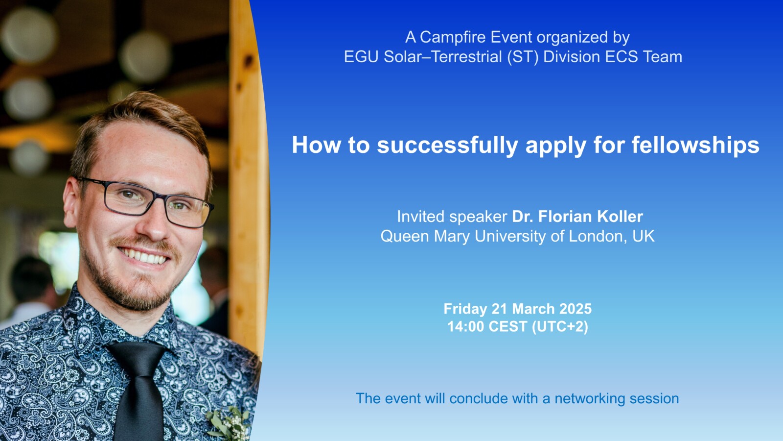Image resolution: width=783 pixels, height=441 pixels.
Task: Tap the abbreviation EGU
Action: click(x=361, y=57)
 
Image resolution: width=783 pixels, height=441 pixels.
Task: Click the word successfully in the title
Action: click(x=447, y=146)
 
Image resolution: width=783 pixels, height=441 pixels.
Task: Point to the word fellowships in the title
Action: click(x=695, y=146)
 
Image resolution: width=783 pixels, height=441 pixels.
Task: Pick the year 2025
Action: click(x=576, y=309)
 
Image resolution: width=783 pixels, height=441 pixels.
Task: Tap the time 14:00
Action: click(x=466, y=327)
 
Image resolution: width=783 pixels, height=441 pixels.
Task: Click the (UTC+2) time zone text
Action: click(x=560, y=327)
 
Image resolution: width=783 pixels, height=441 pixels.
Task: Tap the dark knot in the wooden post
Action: click(x=249, y=61)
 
